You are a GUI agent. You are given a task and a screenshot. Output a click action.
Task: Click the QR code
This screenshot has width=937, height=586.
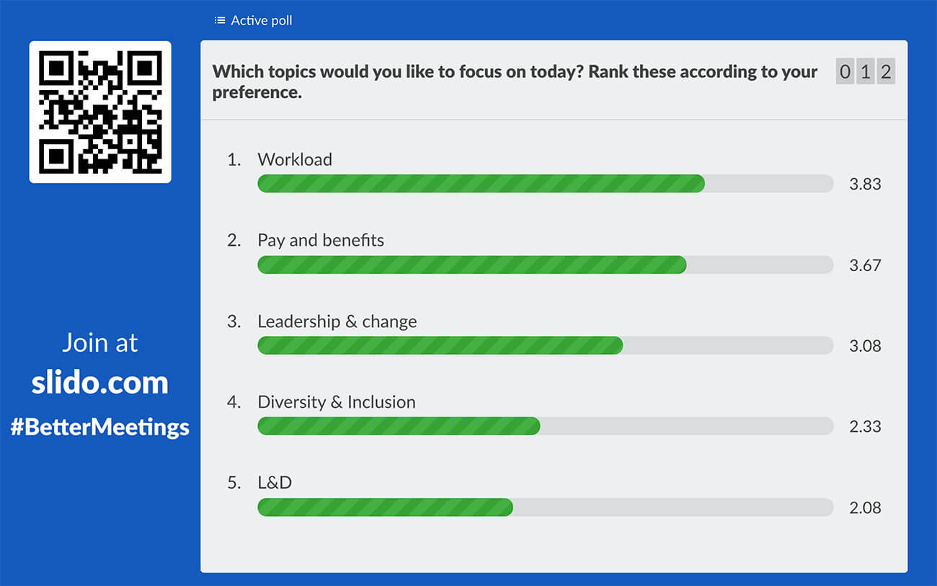pyautogui.click(x=100, y=112)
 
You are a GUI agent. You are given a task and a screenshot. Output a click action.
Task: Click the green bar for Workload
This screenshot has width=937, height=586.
pyautogui.click(x=481, y=184)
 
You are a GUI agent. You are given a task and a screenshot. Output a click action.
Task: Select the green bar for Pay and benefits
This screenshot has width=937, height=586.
pyautogui.click(x=471, y=265)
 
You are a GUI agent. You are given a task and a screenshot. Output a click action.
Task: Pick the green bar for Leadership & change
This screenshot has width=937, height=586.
pyautogui.click(x=440, y=345)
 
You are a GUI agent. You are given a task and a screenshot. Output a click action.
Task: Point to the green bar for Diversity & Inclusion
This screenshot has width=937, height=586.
pyautogui.click(x=399, y=426)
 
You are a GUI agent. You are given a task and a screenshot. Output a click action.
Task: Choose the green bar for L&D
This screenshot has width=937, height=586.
pyautogui.click(x=385, y=507)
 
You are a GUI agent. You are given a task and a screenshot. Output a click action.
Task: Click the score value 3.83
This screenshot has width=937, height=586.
pyautogui.click(x=865, y=184)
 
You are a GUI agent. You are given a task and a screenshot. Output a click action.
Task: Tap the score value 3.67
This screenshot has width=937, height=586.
pyautogui.click(x=865, y=265)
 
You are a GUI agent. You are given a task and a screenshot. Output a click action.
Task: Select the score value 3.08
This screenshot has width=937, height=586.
pyautogui.click(x=865, y=345)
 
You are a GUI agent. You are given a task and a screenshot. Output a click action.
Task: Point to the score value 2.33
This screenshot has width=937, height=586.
pyautogui.click(x=865, y=426)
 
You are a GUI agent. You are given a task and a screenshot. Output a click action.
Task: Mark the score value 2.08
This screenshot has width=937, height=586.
pyautogui.click(x=865, y=507)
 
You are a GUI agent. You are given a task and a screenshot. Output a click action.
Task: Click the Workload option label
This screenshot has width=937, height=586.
pyautogui.click(x=295, y=159)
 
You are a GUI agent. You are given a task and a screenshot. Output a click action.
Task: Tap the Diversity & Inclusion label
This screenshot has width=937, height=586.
pyautogui.click(x=337, y=401)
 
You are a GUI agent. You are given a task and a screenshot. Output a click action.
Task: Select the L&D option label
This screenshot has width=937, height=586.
pyautogui.click(x=275, y=482)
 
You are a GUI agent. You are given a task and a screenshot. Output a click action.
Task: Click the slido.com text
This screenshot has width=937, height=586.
pyautogui.click(x=100, y=383)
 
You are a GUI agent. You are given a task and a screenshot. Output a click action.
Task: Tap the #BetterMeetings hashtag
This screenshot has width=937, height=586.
pyautogui.click(x=100, y=427)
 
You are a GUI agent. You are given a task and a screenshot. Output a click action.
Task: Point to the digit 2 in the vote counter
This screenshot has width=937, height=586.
pyautogui.click(x=886, y=72)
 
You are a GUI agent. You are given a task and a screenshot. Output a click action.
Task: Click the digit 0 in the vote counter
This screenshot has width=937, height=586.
pyautogui.click(x=845, y=72)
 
